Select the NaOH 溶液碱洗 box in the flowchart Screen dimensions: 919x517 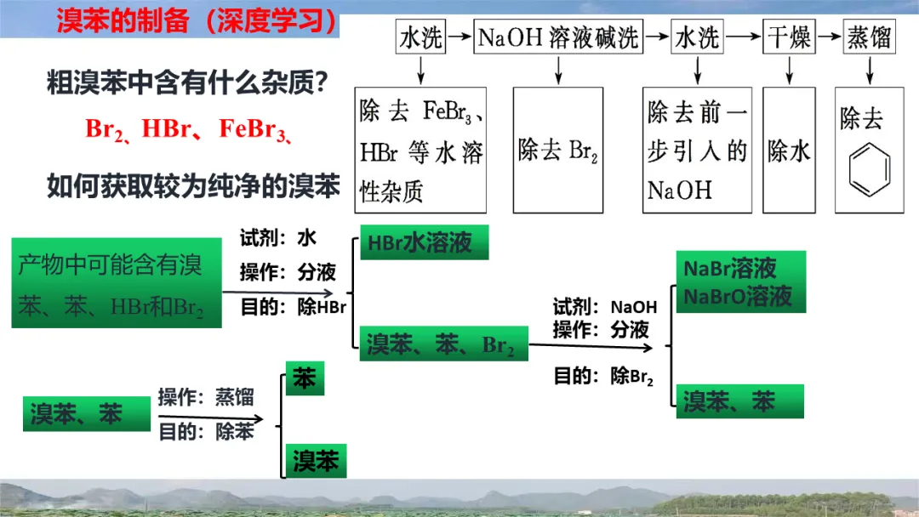[558, 38]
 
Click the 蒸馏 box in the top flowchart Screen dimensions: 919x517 [870, 38]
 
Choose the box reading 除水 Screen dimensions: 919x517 [789, 150]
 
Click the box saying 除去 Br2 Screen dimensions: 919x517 [558, 150]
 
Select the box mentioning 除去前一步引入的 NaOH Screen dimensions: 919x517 [697, 150]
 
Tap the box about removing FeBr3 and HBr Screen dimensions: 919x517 [420, 150]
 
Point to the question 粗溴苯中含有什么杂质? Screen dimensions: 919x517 [188, 84]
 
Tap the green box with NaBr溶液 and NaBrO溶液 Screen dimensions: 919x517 [739, 282]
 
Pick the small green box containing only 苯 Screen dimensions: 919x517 [305, 379]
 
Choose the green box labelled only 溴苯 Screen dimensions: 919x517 [316, 461]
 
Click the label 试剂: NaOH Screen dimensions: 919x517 [605, 307]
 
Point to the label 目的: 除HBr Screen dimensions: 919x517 [294, 307]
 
